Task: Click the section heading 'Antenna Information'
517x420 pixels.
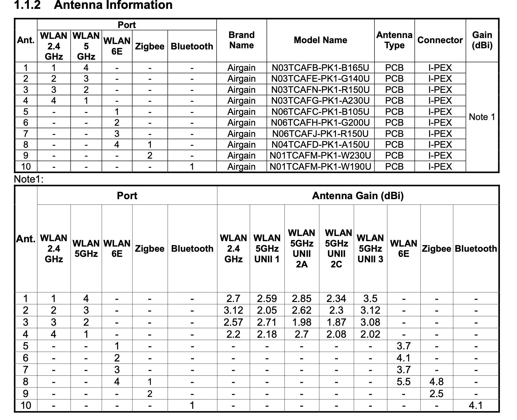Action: click(x=113, y=5)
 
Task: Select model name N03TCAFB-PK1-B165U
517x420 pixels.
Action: click(x=320, y=68)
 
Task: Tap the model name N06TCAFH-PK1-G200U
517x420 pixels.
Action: click(x=320, y=123)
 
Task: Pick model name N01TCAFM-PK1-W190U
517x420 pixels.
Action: click(x=320, y=167)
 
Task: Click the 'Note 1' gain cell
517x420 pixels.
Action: click(x=482, y=117)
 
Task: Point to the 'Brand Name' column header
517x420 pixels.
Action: click(x=241, y=40)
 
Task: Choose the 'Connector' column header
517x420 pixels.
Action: click(x=440, y=40)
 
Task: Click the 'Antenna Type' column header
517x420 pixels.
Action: click(x=394, y=40)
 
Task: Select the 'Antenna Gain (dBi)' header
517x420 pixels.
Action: click(x=358, y=196)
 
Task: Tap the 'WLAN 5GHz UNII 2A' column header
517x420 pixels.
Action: click(x=301, y=248)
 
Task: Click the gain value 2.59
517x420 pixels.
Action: click(x=267, y=299)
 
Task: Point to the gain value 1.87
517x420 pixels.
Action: click(x=336, y=322)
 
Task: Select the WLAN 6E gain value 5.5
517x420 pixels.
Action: click(x=403, y=382)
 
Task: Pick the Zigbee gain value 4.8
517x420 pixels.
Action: click(x=436, y=382)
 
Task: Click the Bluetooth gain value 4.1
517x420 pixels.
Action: click(x=476, y=405)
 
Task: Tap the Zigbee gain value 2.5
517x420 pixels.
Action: click(x=436, y=394)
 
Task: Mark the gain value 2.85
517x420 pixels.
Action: click(x=301, y=299)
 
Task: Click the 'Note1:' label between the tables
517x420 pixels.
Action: click(x=29, y=179)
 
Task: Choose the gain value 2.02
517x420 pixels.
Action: click(x=370, y=334)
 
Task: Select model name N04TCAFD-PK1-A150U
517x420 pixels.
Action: click(x=320, y=145)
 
